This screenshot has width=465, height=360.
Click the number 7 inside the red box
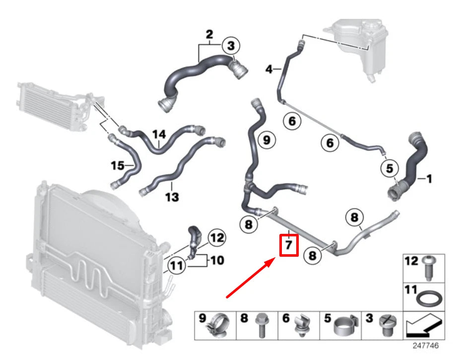coord(289,246)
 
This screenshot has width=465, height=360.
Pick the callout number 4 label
coord(269,70)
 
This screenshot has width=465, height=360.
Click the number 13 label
coord(172,198)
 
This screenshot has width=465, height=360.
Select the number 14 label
coord(158,134)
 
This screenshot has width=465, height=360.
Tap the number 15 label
coord(117,165)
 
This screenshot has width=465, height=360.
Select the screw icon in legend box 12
coord(428,268)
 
